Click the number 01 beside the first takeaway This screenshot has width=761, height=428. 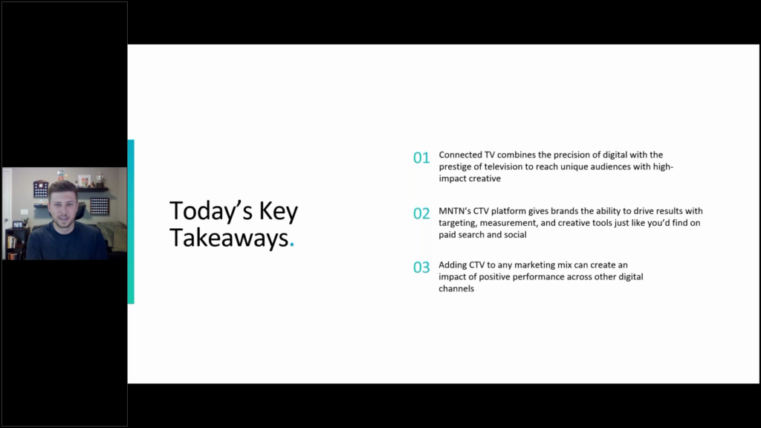click(x=421, y=158)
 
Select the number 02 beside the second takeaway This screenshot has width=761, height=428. click(x=421, y=213)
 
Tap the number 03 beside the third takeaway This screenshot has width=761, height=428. click(x=421, y=267)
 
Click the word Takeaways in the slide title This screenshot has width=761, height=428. click(x=229, y=238)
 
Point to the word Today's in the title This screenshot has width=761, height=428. click(x=210, y=211)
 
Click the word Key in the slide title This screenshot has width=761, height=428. click(x=279, y=212)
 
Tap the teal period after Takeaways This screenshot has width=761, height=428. click(x=291, y=245)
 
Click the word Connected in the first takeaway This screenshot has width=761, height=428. click(x=460, y=155)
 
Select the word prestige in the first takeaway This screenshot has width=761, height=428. click(x=456, y=167)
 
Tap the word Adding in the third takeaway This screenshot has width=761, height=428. click(x=453, y=265)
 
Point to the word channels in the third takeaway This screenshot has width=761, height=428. click(x=456, y=289)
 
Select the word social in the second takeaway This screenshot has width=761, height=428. click(x=515, y=235)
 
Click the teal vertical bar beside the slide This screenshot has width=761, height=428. click(x=131, y=221)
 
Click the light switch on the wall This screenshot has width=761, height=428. click(x=25, y=213)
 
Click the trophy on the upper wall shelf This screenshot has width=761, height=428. click(x=100, y=178)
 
